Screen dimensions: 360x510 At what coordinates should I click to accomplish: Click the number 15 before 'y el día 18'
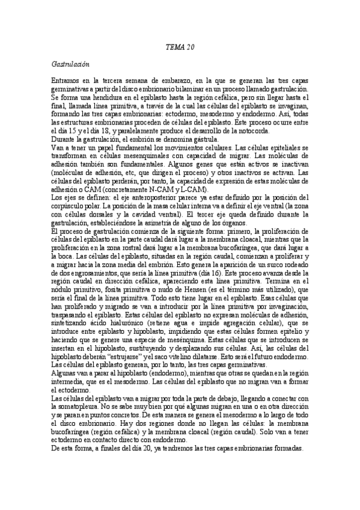point(116,132)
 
